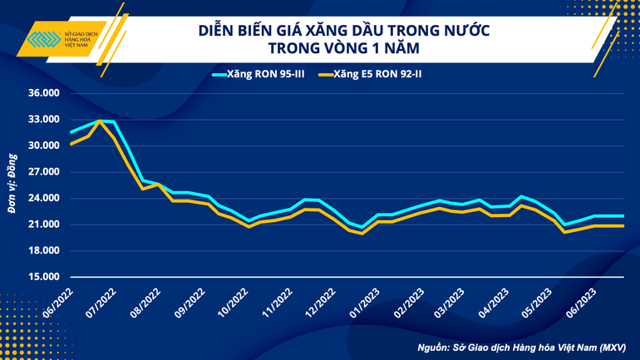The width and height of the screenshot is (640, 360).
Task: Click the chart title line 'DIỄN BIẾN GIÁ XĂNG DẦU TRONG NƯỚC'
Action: coord(344,31)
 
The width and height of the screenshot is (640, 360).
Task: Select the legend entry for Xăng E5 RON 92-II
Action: coord(378,74)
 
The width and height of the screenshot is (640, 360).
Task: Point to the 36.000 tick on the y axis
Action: coord(44,93)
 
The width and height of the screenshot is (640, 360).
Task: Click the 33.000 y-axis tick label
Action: coord(44,120)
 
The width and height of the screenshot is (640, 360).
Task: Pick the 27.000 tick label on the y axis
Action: coord(44,172)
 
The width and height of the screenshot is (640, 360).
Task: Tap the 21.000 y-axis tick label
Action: coord(44,224)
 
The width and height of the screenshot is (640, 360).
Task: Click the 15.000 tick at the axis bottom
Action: coord(44,277)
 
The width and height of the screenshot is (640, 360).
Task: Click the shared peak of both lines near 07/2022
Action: coord(101,121)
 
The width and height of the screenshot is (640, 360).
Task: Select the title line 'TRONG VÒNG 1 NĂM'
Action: coord(344,50)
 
